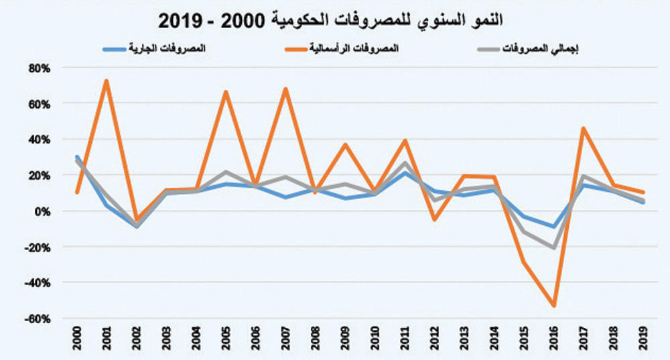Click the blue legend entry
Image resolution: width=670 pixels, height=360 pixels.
pyautogui.click(x=154, y=49)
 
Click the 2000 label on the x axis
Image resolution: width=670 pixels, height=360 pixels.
pyautogui.click(x=78, y=339)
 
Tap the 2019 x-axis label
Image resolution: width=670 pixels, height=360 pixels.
pyautogui.click(x=643, y=339)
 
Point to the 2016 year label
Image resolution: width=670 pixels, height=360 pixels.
pyautogui.click(x=553, y=339)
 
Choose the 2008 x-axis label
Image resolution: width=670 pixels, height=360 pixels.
pyautogui.click(x=316, y=339)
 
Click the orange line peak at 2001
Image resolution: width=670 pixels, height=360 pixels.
pyautogui.click(x=107, y=81)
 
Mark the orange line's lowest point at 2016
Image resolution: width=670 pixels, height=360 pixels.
pyautogui.click(x=553, y=306)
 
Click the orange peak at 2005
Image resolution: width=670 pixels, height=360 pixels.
pyautogui.click(x=226, y=92)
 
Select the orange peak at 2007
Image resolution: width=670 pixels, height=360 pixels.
pyautogui.click(x=285, y=89)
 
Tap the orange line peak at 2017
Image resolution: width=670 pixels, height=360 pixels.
pyautogui.click(x=583, y=128)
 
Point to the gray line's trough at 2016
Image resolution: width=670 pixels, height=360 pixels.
pyautogui.click(x=553, y=248)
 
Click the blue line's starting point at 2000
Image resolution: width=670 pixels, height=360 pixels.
pyautogui.click(x=78, y=157)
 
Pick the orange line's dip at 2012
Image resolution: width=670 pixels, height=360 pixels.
pyautogui.click(x=434, y=219)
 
